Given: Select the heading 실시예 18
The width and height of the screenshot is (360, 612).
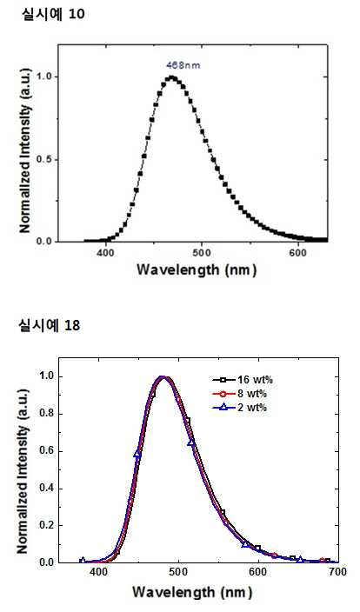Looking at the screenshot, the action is pos(50,325).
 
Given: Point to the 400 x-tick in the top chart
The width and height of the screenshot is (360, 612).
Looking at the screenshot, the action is pos(105,253).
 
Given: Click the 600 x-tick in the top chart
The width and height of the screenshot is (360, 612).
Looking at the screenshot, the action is pos(298,253).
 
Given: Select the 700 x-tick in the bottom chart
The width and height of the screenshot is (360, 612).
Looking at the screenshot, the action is pos(338,572).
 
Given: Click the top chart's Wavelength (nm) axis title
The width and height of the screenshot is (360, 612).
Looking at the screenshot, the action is pos(197,270).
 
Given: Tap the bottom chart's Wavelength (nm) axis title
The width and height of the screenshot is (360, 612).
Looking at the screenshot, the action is pos(192,592).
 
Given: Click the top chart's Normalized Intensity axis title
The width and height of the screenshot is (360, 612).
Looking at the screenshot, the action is pos(25,150).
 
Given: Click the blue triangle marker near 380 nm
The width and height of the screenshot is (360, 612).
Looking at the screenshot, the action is pos(83,561).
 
